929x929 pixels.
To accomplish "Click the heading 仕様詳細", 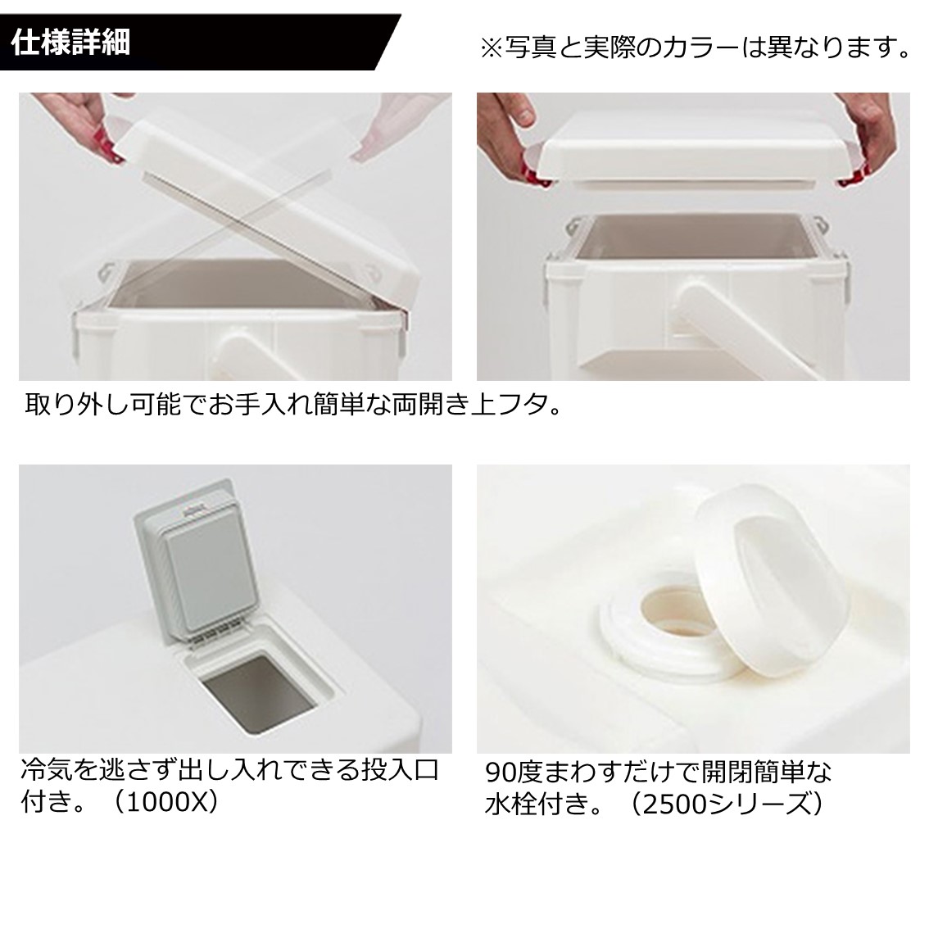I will coord(71,42).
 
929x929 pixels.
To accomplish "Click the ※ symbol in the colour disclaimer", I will coord(491,48).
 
